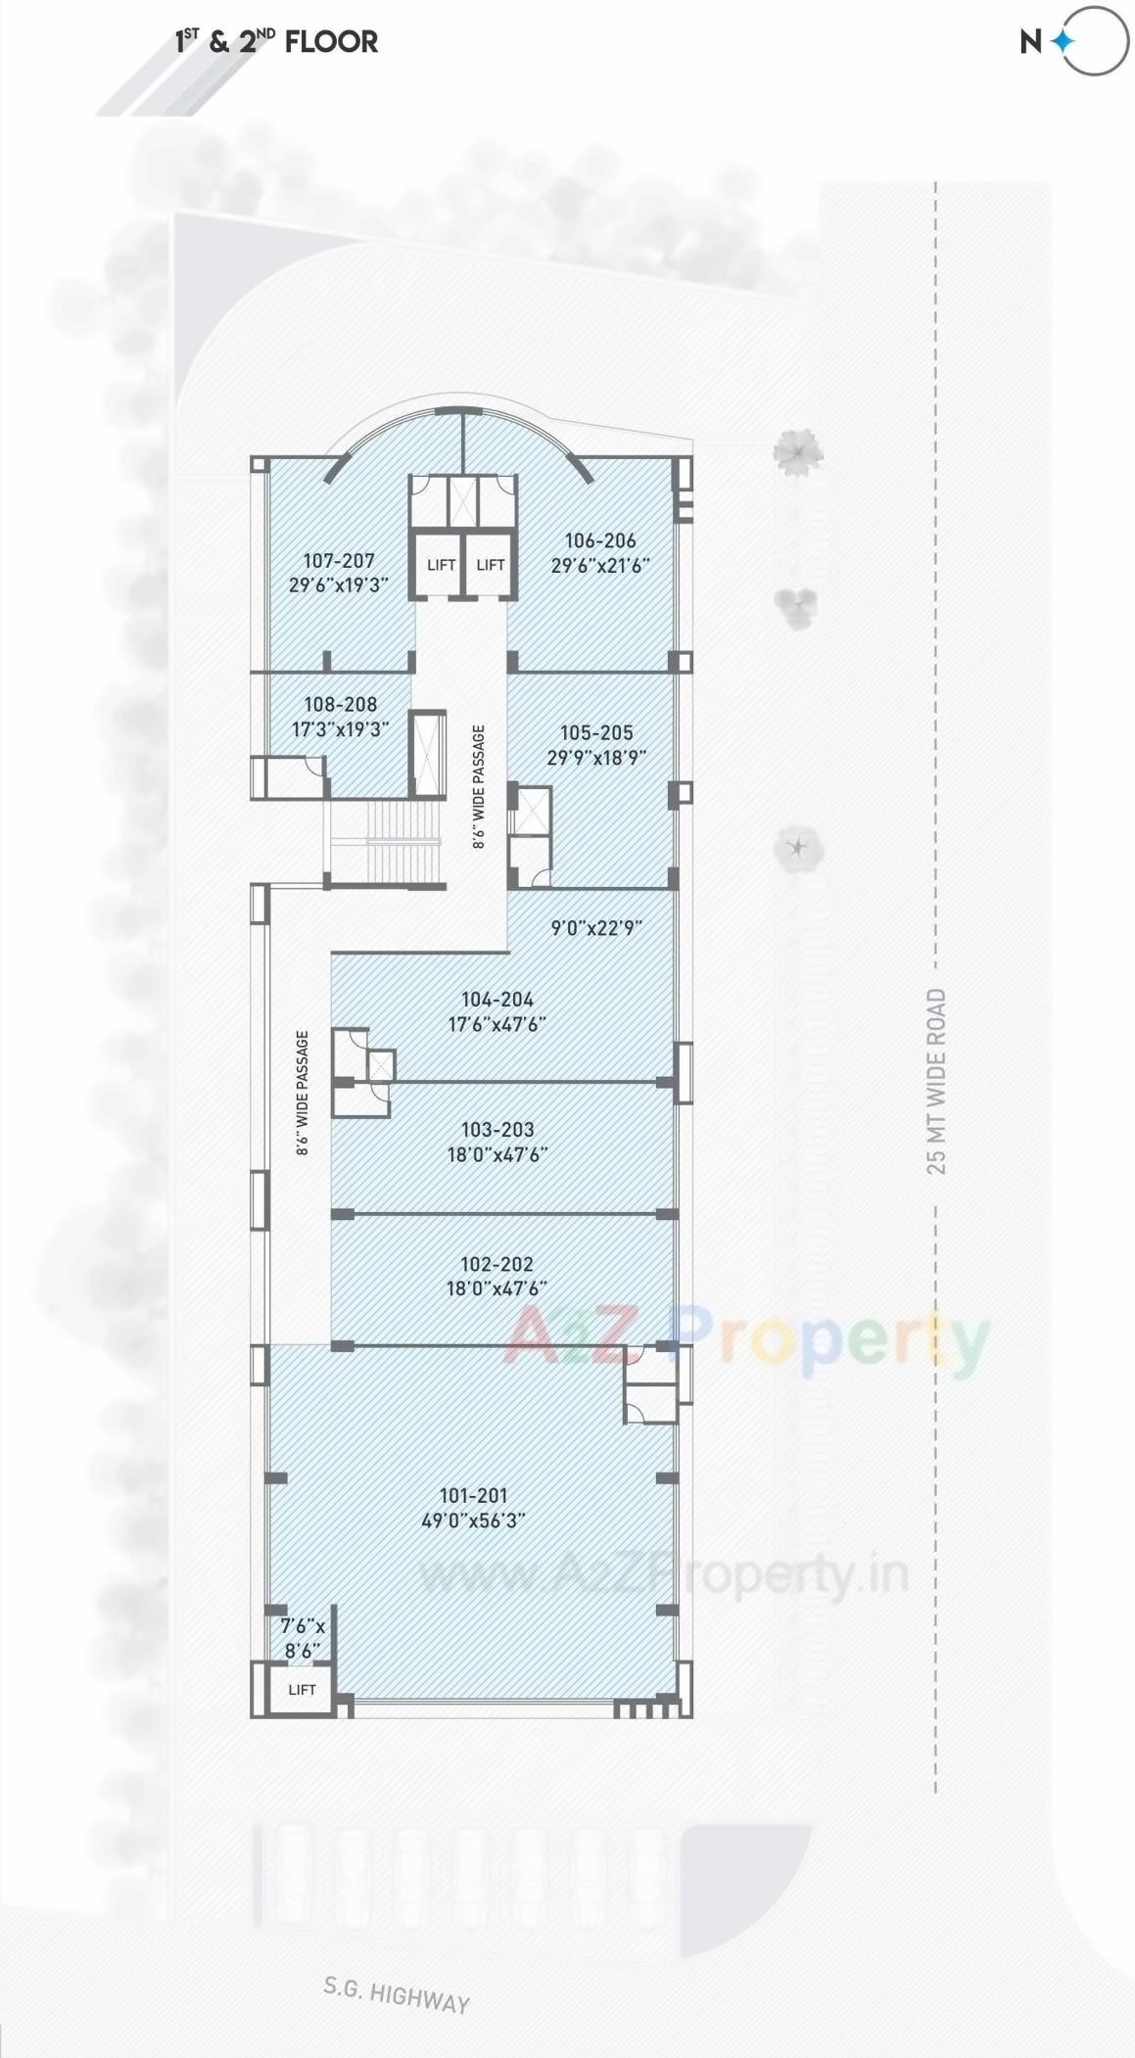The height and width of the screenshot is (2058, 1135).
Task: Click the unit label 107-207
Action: coord(339,561)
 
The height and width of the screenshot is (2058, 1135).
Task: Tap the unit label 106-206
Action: coord(600,540)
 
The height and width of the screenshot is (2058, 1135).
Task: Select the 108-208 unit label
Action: coord(340,704)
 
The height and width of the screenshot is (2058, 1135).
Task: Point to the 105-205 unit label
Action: coord(596,732)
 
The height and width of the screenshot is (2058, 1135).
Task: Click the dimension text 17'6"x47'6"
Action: coord(497,1024)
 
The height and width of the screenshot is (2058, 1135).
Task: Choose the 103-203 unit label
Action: coord(497,1129)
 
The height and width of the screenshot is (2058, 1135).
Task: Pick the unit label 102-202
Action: coord(497,1264)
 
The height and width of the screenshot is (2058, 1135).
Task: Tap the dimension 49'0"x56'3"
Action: coord(473,1520)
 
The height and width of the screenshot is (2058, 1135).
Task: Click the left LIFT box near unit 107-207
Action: coord(441,565)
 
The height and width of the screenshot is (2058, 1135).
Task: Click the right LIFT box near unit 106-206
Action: coord(490,565)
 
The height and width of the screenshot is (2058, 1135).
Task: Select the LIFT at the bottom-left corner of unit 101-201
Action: coord(302,1689)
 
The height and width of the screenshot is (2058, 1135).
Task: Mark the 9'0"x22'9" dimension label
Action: coord(596,927)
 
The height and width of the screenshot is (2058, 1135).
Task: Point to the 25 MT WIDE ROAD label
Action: coord(936,1081)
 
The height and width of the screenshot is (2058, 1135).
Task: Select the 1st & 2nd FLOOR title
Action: coord(276,41)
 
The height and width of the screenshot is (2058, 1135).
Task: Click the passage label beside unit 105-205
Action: coord(478,786)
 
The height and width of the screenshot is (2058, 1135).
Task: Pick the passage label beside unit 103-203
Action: coord(303,1093)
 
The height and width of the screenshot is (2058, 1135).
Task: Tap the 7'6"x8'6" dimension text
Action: coord(303,1638)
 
